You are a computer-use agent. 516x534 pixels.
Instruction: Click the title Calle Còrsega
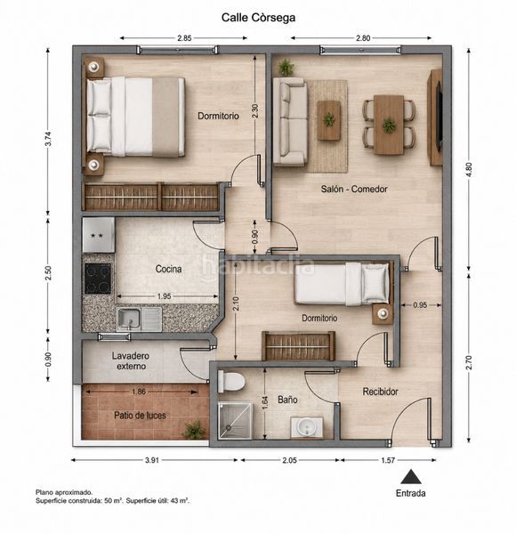tap(258, 18)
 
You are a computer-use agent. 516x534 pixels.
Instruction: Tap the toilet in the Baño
tap(231, 382)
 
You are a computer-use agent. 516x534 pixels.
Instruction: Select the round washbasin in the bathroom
tap(307, 426)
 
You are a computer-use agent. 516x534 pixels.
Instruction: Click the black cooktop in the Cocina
tap(98, 279)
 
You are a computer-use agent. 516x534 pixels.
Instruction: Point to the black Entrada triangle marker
tap(411, 476)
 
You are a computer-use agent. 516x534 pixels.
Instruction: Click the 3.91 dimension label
tap(152, 460)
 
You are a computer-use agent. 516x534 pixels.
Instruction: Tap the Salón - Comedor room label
tap(354, 189)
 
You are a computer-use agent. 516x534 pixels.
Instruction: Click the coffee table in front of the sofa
tap(329, 120)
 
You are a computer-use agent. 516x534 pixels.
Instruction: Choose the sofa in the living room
tap(290, 122)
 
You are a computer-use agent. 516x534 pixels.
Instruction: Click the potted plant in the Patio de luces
tap(194, 430)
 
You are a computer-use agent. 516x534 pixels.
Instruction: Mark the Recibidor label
tap(380, 392)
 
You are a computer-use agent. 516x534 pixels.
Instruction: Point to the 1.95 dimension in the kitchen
tap(164, 296)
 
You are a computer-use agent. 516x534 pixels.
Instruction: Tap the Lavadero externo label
tap(131, 361)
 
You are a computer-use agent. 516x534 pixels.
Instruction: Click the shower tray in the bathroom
tap(235, 421)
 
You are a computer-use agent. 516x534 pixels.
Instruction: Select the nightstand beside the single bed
tap(383, 313)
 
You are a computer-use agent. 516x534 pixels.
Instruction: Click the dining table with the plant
tap(389, 125)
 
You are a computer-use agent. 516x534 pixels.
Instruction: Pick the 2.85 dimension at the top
tap(184, 38)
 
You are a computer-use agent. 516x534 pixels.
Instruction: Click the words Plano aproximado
tap(64, 492)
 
